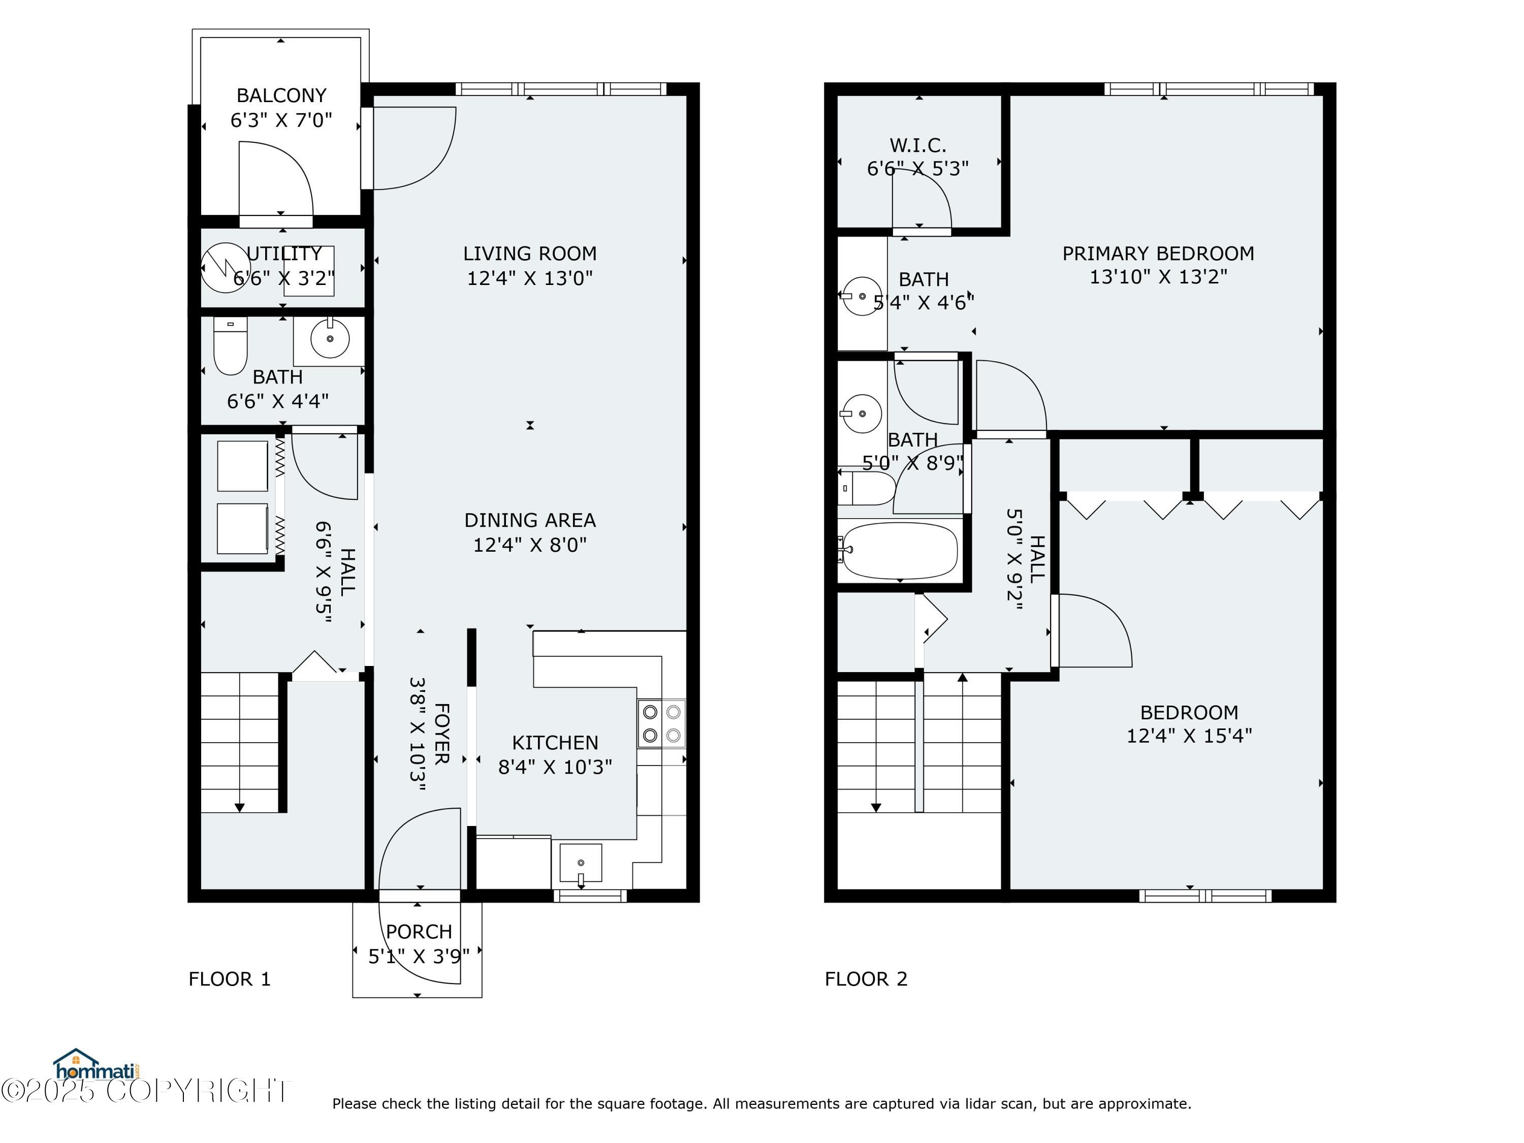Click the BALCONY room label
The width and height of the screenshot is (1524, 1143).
coord(281,95)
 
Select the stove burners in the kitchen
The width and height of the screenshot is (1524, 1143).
coord(661,723)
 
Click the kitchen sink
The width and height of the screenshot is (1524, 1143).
coord(581,863)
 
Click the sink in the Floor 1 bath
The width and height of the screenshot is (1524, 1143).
coord(329,339)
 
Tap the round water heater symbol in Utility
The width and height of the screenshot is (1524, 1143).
coord(225,267)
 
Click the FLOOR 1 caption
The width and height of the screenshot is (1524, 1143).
coord(230,979)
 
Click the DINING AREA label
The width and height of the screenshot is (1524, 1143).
coord(529,520)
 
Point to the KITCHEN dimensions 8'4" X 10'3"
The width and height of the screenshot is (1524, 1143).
coord(555,767)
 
